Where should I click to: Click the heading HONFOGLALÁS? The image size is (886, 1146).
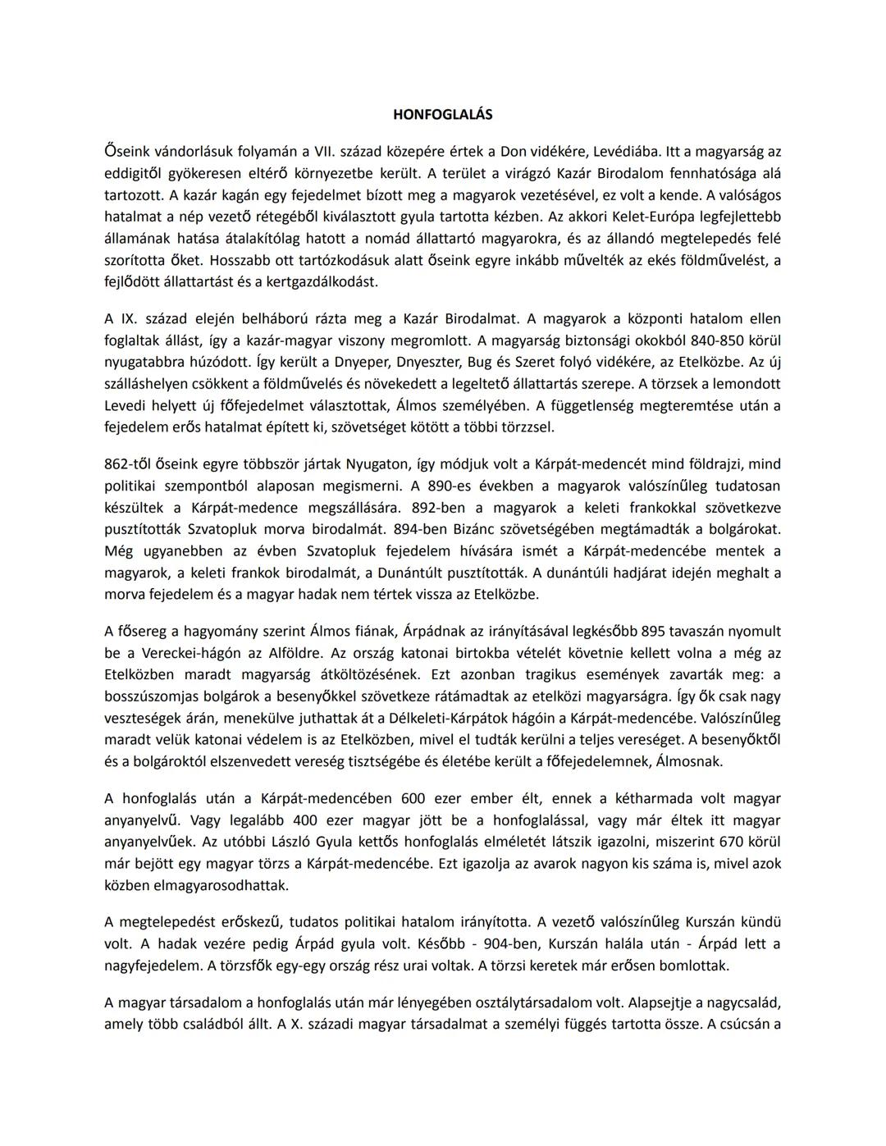443,115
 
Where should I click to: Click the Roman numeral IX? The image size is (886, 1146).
130,318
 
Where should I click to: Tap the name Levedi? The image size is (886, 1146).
126,405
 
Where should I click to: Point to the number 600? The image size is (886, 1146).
414,798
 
